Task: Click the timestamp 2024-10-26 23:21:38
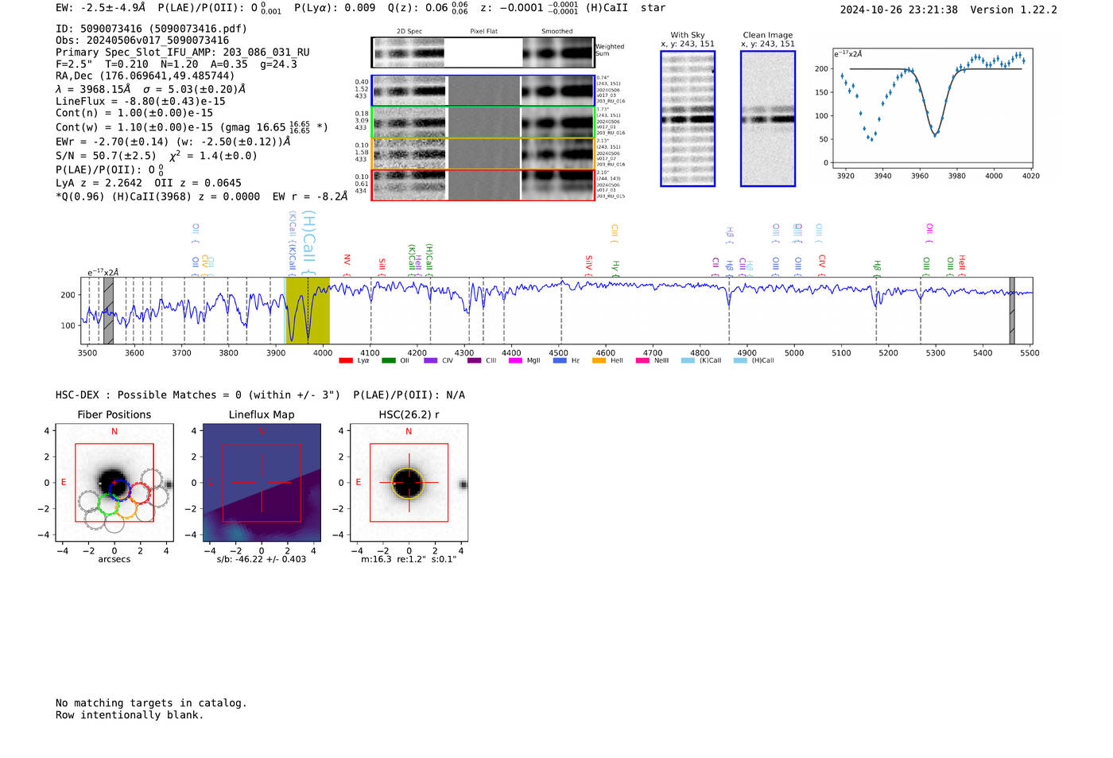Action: (x=898, y=10)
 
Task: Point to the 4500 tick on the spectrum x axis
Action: (x=559, y=352)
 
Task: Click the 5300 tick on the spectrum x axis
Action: (x=936, y=352)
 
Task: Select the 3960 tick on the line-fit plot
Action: (x=920, y=176)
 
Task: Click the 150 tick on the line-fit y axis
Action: (x=820, y=92)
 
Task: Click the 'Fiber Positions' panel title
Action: (x=114, y=414)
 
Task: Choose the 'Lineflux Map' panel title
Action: (x=262, y=414)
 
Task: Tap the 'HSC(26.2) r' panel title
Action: (x=409, y=414)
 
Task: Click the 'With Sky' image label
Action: (x=688, y=35)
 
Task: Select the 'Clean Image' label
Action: (x=767, y=35)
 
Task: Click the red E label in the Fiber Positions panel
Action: (x=64, y=483)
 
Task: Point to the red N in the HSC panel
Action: (x=409, y=432)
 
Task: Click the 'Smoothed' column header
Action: (x=556, y=32)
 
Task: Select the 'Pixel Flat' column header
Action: (x=483, y=32)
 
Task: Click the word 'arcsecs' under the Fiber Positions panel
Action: (x=114, y=559)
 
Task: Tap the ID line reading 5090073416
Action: (x=151, y=29)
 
